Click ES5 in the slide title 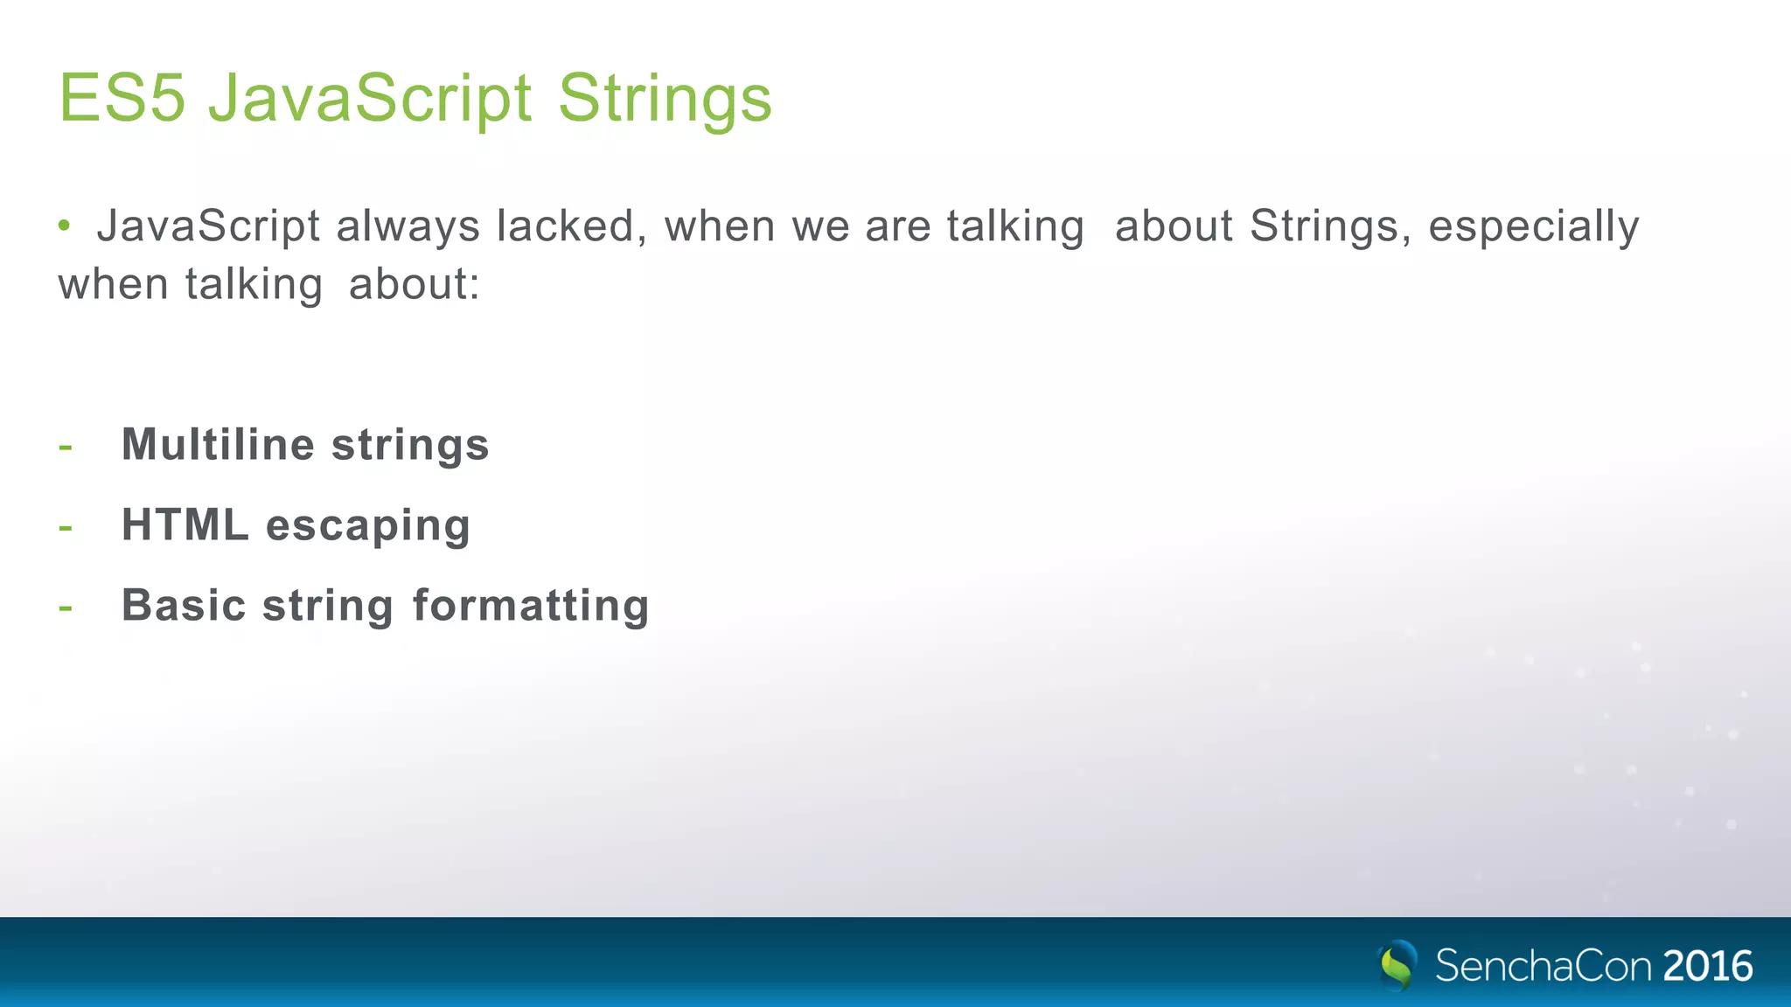click(x=122, y=97)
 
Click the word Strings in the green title click(x=665, y=99)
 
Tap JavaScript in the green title click(x=370, y=99)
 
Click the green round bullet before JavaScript click(x=64, y=226)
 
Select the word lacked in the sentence click(x=571, y=226)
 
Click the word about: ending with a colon click(x=415, y=285)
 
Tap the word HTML click(x=185, y=524)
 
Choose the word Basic click(x=184, y=605)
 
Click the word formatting click(x=531, y=607)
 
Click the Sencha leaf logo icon click(x=1397, y=965)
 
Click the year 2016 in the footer click(x=1707, y=966)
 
